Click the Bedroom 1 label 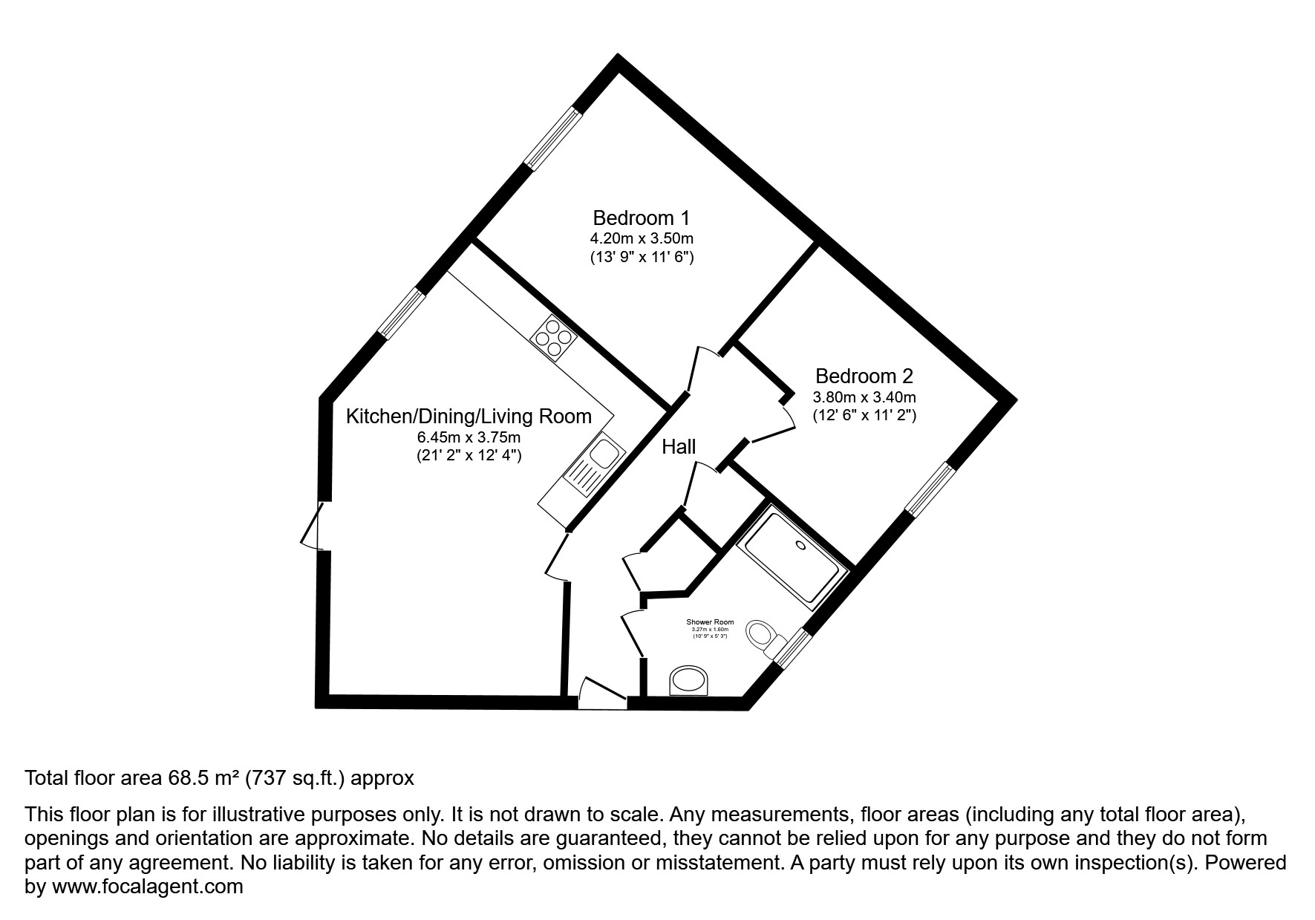[x=641, y=218]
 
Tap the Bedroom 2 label [x=864, y=376]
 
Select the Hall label [x=679, y=446]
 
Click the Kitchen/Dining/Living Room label [x=469, y=416]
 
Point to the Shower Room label [x=709, y=622]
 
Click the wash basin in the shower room [x=690, y=680]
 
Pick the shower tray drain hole [x=800, y=545]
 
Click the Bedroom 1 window [x=552, y=138]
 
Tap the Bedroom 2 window [x=928, y=489]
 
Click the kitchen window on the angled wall [x=400, y=315]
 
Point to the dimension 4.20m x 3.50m [x=641, y=238]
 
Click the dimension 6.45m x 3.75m [x=469, y=437]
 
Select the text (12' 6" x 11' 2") [x=864, y=416]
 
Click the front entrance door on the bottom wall [x=603, y=695]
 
